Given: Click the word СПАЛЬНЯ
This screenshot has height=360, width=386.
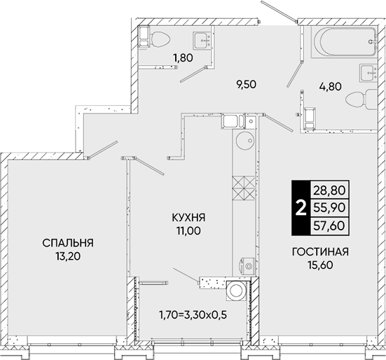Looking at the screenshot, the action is tap(68, 243).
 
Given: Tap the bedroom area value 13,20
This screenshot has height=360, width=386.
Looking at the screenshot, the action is tap(68, 256).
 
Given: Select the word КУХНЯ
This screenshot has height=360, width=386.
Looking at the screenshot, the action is tap(188, 218).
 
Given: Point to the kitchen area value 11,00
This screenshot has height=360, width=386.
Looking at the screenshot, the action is tap(188, 231).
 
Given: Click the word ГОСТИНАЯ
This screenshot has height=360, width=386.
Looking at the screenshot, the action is tap(320, 251).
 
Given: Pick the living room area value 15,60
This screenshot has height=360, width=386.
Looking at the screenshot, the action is tap(320, 265).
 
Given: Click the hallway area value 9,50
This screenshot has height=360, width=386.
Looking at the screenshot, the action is tap(245, 85).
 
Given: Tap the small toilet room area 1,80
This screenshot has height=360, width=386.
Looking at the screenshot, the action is tap(183, 58).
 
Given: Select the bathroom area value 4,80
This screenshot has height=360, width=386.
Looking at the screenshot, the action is tap(330, 86).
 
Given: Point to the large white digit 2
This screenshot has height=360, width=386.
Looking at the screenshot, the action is tap(301, 208).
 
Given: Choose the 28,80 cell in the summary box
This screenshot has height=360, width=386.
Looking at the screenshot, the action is tap(330, 190).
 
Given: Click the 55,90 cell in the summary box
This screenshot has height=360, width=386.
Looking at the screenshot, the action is tap(330, 208).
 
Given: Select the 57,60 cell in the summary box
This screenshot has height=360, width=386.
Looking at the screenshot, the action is tap(330, 226).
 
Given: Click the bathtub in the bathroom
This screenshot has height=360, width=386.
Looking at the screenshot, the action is tap(344, 42).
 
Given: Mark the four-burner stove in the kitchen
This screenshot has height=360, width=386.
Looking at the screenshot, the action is tap(244, 188).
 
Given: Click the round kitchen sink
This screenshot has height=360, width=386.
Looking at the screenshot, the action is tap(244, 140).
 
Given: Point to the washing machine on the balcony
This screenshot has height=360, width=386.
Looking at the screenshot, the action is tap(237, 291).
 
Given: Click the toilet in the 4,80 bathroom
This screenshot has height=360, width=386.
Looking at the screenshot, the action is tap(361, 99).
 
